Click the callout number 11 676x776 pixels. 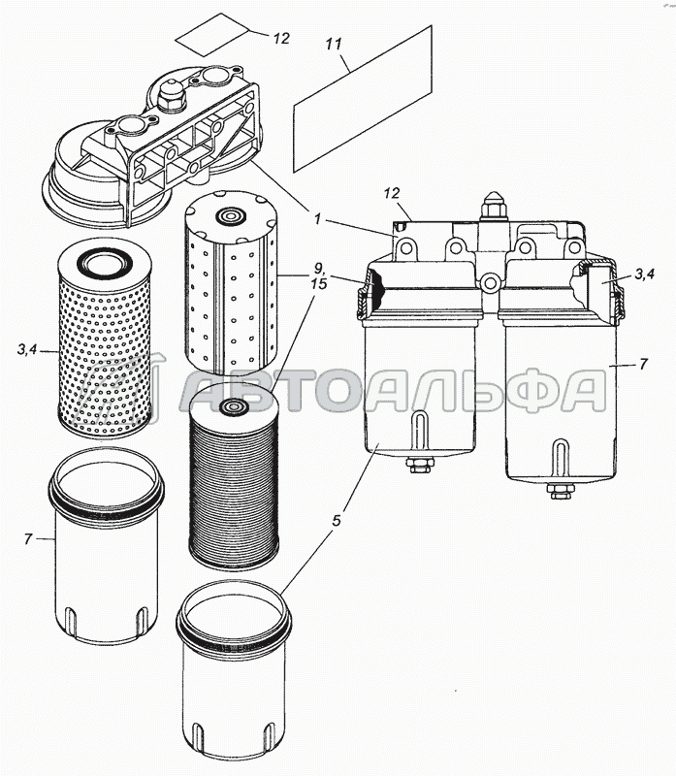coord(334,44)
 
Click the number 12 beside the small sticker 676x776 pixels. coord(280,39)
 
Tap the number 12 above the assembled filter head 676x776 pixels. coord(391,193)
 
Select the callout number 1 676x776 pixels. coord(318,218)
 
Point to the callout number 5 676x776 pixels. coord(337,521)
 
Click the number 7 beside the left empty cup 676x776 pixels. coord(28,538)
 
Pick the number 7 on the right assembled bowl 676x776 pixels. coord(643,365)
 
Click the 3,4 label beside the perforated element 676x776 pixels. coord(27,350)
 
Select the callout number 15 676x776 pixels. coord(319,284)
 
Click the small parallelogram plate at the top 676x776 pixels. coord(212,34)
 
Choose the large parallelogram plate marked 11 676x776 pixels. coord(363,99)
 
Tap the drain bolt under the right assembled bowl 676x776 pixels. coord(560,491)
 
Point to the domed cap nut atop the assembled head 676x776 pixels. coord(493,205)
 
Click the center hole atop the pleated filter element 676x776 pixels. coord(231,406)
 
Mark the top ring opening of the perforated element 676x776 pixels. coord(104,261)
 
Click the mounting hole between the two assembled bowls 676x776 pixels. coord(490,283)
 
